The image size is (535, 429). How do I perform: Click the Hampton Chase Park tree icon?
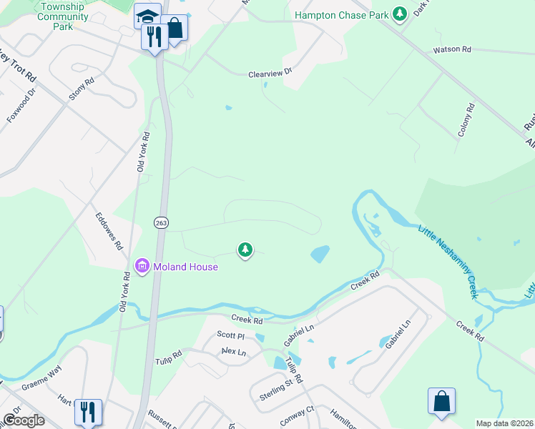click(x=401, y=14)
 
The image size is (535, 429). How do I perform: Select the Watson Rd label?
click(x=451, y=50)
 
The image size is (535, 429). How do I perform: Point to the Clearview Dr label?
click(x=270, y=73)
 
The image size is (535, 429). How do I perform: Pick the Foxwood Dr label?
click(x=21, y=105)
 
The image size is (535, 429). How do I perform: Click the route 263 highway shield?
click(x=159, y=224)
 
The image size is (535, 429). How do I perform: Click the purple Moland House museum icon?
click(x=141, y=267)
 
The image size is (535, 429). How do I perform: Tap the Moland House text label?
click(x=185, y=267)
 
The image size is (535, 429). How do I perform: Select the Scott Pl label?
click(x=231, y=335)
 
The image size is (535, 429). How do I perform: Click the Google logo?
click(x=24, y=420)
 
